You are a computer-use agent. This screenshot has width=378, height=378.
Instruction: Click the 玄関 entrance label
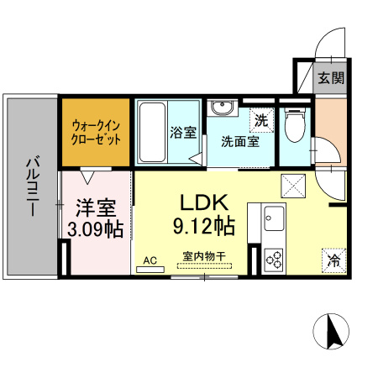click(x=331, y=79)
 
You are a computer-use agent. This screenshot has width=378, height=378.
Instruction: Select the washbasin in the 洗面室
click(x=221, y=110)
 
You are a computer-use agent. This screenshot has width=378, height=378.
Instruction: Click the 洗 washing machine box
click(x=262, y=120)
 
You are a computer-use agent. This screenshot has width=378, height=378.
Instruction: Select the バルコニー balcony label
click(x=32, y=186)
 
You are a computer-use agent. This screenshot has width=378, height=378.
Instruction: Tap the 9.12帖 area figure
click(x=202, y=226)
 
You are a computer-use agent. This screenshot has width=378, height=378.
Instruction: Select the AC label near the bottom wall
click(x=150, y=260)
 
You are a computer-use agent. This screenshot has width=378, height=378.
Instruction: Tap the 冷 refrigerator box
click(x=333, y=260)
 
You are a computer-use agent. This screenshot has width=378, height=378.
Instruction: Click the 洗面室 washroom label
click(x=240, y=141)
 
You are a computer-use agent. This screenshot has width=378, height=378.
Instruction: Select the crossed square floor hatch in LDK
click(x=293, y=182)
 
